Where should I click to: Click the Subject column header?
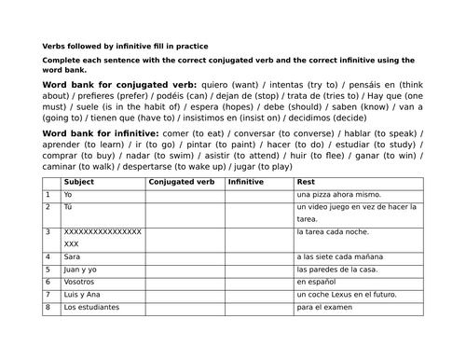(x=77, y=182)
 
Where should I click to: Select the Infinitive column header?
(x=247, y=182)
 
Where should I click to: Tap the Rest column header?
(x=306, y=182)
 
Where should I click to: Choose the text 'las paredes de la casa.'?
(x=338, y=270)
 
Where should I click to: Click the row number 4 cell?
(x=48, y=256)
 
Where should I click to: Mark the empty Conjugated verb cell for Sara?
(x=185, y=256)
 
